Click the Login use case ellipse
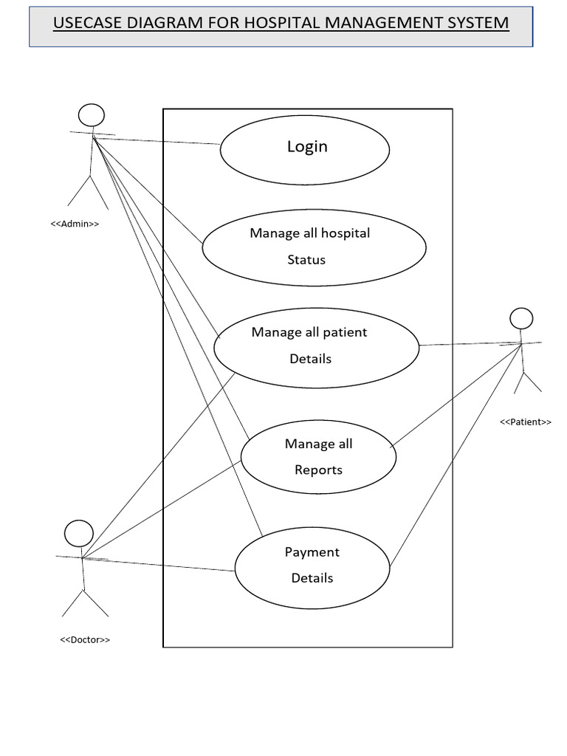click(x=305, y=150)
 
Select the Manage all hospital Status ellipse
click(x=314, y=247)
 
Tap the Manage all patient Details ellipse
click(x=316, y=347)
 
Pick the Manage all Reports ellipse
click(x=318, y=457)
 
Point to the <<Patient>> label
click(x=526, y=422)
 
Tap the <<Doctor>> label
click(x=85, y=639)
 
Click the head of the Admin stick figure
click(x=92, y=115)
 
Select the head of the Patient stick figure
click(x=521, y=318)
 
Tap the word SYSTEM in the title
click(x=474, y=23)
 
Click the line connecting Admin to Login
click(x=159, y=141)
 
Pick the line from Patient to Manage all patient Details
click(x=469, y=344)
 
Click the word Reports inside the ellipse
click(x=318, y=470)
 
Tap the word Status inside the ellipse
click(x=306, y=260)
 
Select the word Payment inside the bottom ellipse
click(x=312, y=552)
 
